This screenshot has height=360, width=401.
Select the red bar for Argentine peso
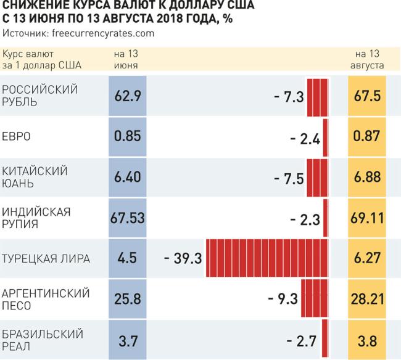click(315, 300)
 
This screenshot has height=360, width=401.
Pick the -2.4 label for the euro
click(305, 137)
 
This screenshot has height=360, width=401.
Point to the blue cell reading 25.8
click(128, 300)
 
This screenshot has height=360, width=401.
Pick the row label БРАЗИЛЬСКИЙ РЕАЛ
click(43, 340)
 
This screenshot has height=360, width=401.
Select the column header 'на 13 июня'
click(126, 59)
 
